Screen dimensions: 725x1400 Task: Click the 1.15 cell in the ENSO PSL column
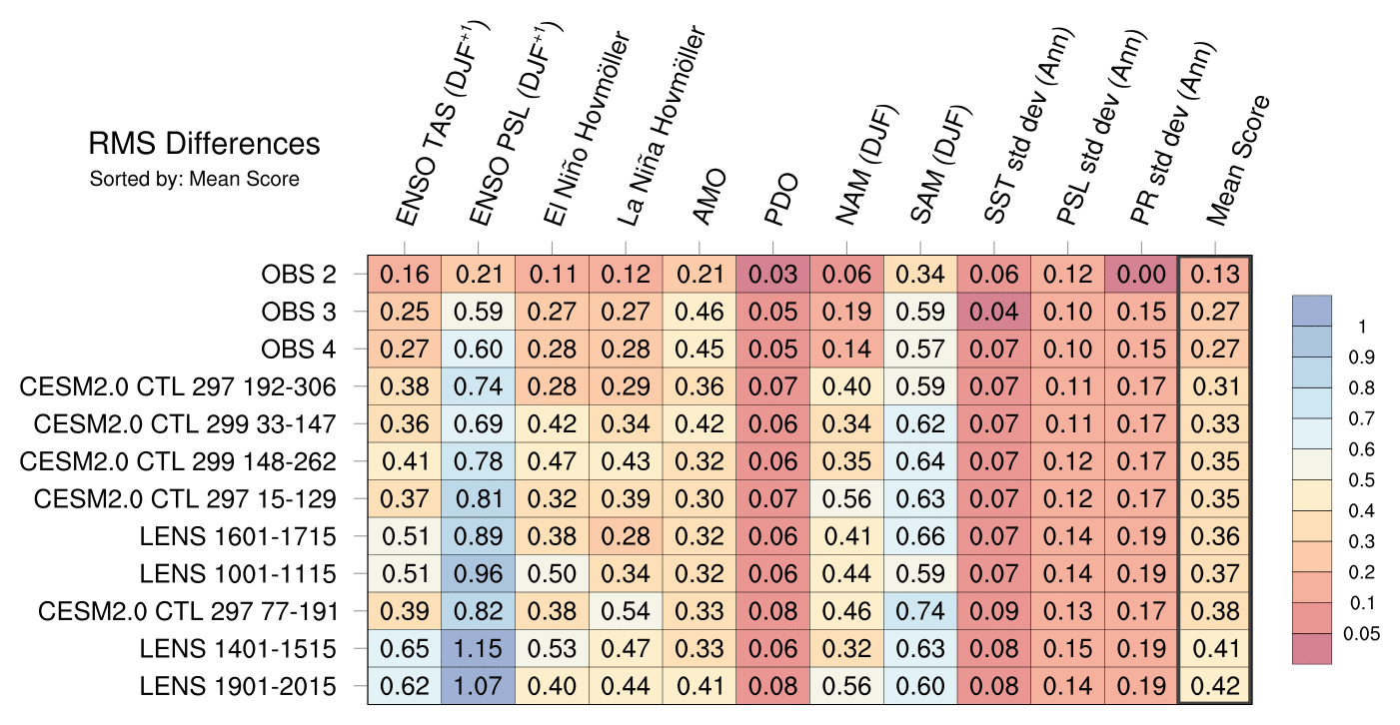pyautogui.click(x=479, y=649)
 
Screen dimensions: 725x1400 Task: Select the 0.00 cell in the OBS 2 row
pyautogui.click(x=1141, y=274)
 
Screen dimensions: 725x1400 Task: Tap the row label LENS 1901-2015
pyautogui.click(x=238, y=687)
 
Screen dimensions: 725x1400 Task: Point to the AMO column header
pyautogui.click(x=710, y=199)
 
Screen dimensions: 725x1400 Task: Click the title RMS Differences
pyautogui.click(x=204, y=144)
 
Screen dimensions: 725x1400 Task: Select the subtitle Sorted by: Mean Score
pyautogui.click(x=194, y=180)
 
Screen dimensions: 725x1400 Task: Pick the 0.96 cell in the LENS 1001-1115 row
pyautogui.click(x=479, y=574)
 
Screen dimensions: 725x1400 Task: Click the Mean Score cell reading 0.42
pyautogui.click(x=1215, y=687)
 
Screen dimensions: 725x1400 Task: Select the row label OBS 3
pyautogui.click(x=298, y=312)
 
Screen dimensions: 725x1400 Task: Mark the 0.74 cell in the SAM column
pyautogui.click(x=920, y=612)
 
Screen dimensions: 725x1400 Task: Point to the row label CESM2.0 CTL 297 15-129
pyautogui.click(x=185, y=499)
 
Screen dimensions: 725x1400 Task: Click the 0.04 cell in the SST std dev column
pyautogui.click(x=994, y=312)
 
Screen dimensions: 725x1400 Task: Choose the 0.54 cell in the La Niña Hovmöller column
pyautogui.click(x=626, y=612)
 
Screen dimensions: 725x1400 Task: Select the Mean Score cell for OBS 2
pyautogui.click(x=1215, y=274)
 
